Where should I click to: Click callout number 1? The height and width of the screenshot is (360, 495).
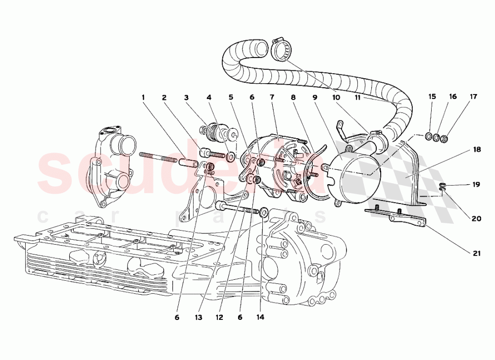point(144,98)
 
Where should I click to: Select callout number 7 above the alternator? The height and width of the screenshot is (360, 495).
point(272,98)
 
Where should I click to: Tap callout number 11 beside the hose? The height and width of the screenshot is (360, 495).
point(356,98)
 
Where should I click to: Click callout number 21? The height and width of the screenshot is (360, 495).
point(476,254)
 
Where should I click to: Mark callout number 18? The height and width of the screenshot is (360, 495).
point(476,150)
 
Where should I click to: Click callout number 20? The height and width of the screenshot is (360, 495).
point(476,218)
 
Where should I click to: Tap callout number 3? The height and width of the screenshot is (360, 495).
point(186,98)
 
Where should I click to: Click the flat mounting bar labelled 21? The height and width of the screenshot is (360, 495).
point(396,216)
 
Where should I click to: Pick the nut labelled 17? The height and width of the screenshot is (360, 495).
point(445,138)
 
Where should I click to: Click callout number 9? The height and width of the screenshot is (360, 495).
point(314,98)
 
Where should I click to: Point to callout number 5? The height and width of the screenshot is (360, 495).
point(230,98)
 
